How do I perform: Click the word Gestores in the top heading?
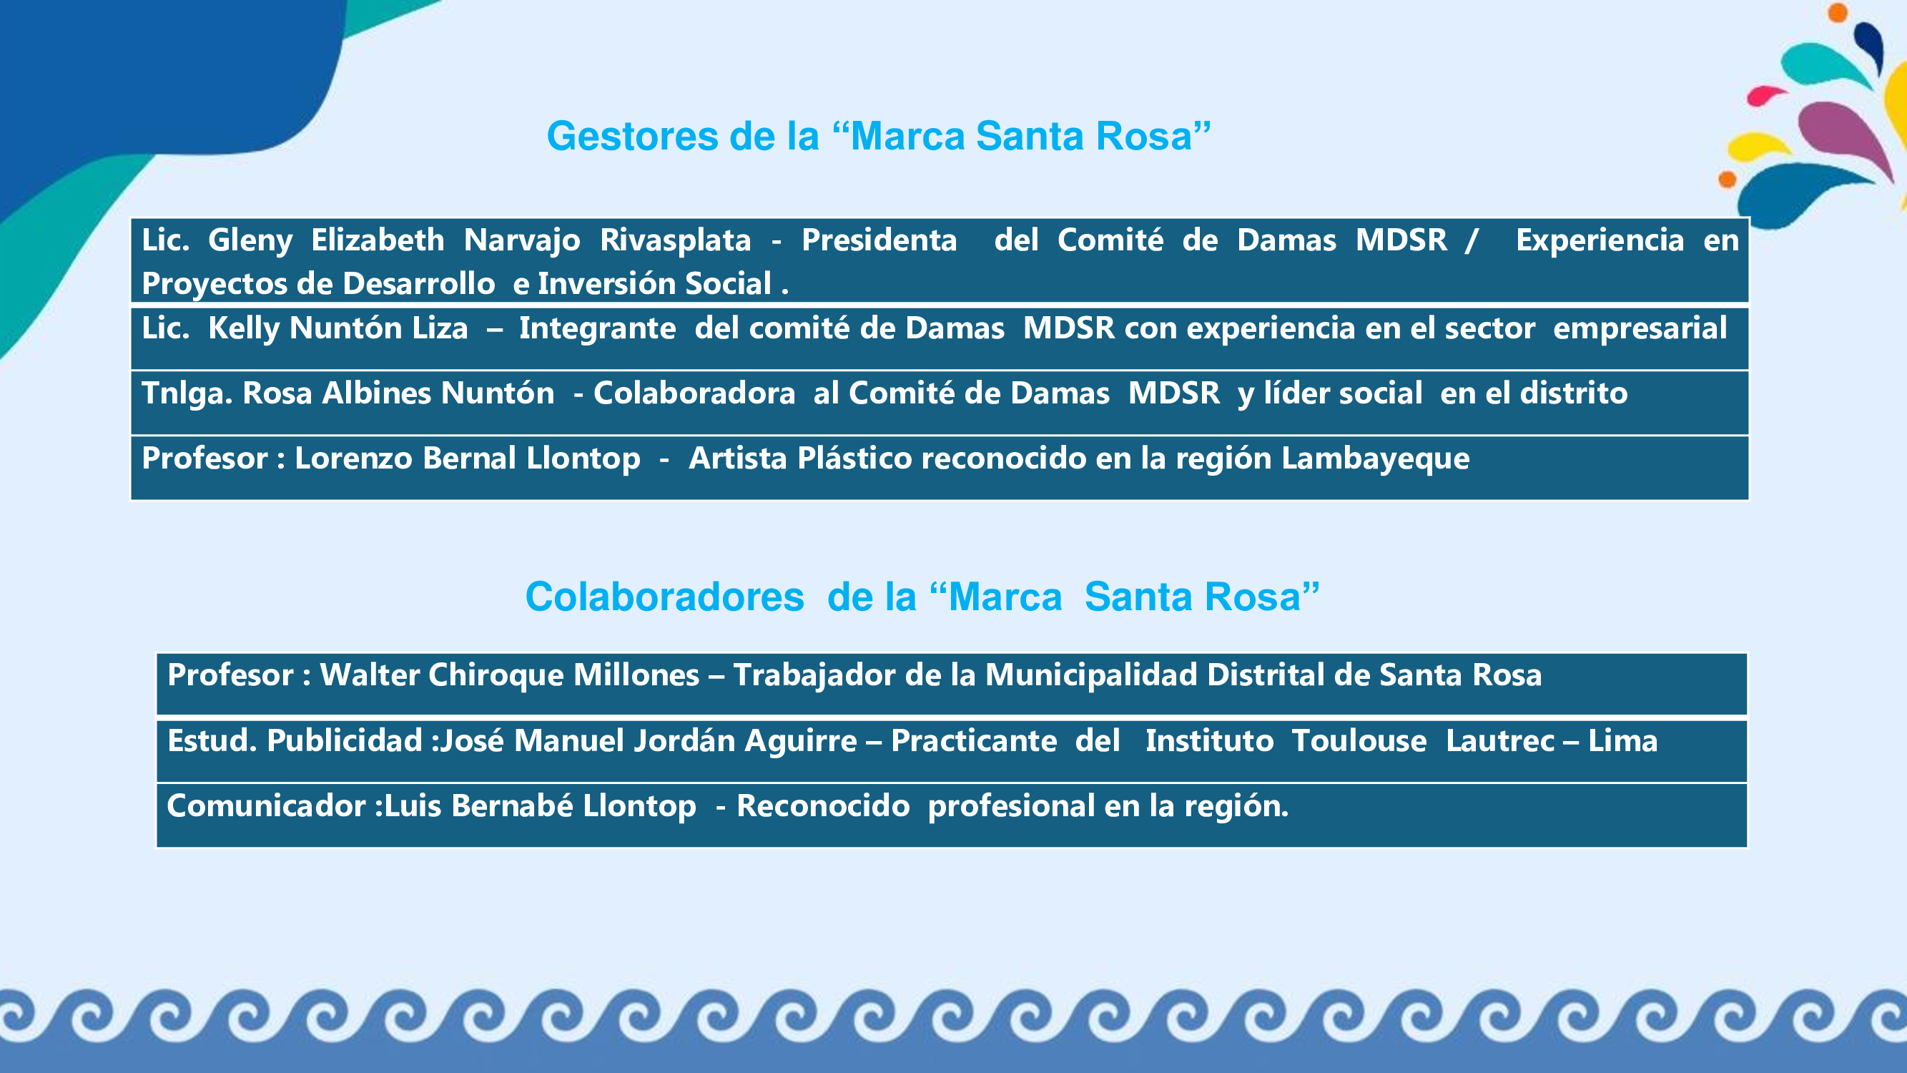[x=632, y=136]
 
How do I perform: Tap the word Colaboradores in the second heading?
[x=665, y=597]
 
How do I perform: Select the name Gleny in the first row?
[x=250, y=240]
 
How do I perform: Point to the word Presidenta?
[x=879, y=240]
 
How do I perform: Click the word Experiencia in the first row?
[x=1600, y=240]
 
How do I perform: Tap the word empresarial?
[x=1640, y=329]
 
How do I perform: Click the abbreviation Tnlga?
[x=187, y=394]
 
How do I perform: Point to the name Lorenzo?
[x=354, y=459]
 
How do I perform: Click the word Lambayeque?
[x=1376, y=459]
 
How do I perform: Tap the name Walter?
[x=370, y=675]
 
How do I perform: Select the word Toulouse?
[x=1359, y=741]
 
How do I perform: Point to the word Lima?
[x=1622, y=741]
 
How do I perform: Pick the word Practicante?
[x=973, y=741]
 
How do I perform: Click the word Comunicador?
[x=266, y=806]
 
